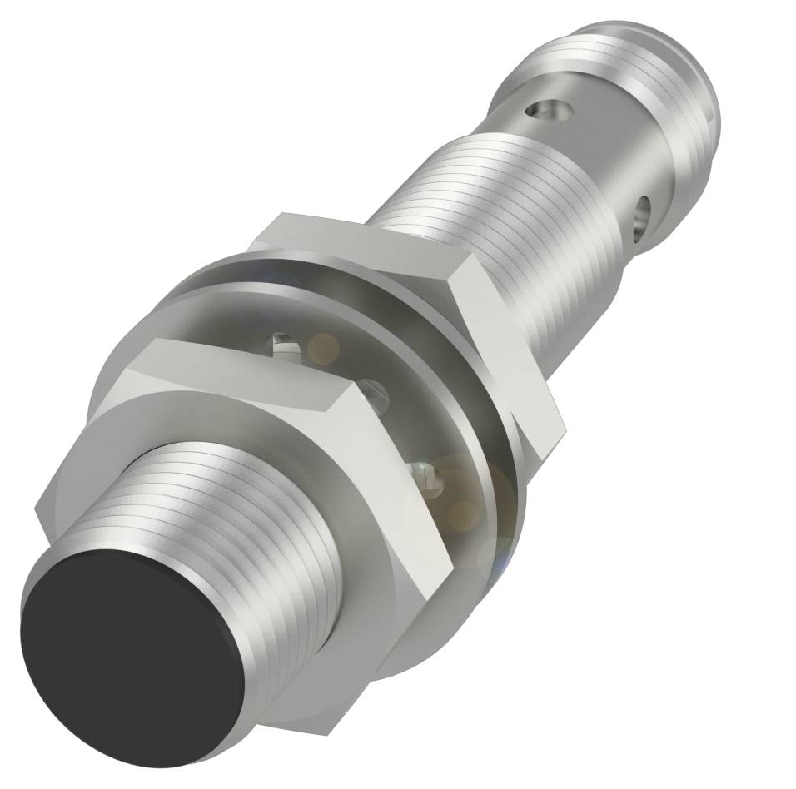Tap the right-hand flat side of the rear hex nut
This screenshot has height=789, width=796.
point(508,350)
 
